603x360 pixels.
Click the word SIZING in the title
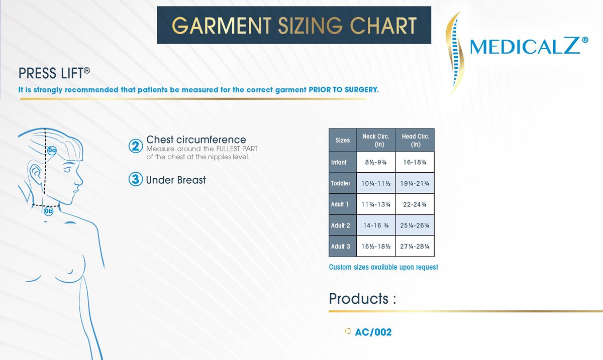click(x=310, y=26)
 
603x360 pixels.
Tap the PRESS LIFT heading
click(x=54, y=73)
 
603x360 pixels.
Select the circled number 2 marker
click(x=135, y=146)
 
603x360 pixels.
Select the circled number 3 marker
click(x=135, y=179)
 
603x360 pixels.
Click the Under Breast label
click(x=176, y=180)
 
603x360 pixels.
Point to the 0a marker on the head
click(x=52, y=150)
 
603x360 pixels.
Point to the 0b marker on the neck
click(x=48, y=211)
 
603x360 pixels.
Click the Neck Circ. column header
click(x=376, y=140)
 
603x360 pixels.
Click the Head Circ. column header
click(x=415, y=140)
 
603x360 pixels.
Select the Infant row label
click(x=339, y=162)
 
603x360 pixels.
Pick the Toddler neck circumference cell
click(x=376, y=183)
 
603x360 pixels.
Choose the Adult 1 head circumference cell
click(x=415, y=204)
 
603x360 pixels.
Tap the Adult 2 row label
click(x=341, y=225)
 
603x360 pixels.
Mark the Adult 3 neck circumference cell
click(x=376, y=247)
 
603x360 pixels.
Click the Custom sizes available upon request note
click(x=383, y=267)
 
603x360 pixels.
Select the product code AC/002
click(x=373, y=332)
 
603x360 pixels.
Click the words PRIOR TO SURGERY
click(x=344, y=90)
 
